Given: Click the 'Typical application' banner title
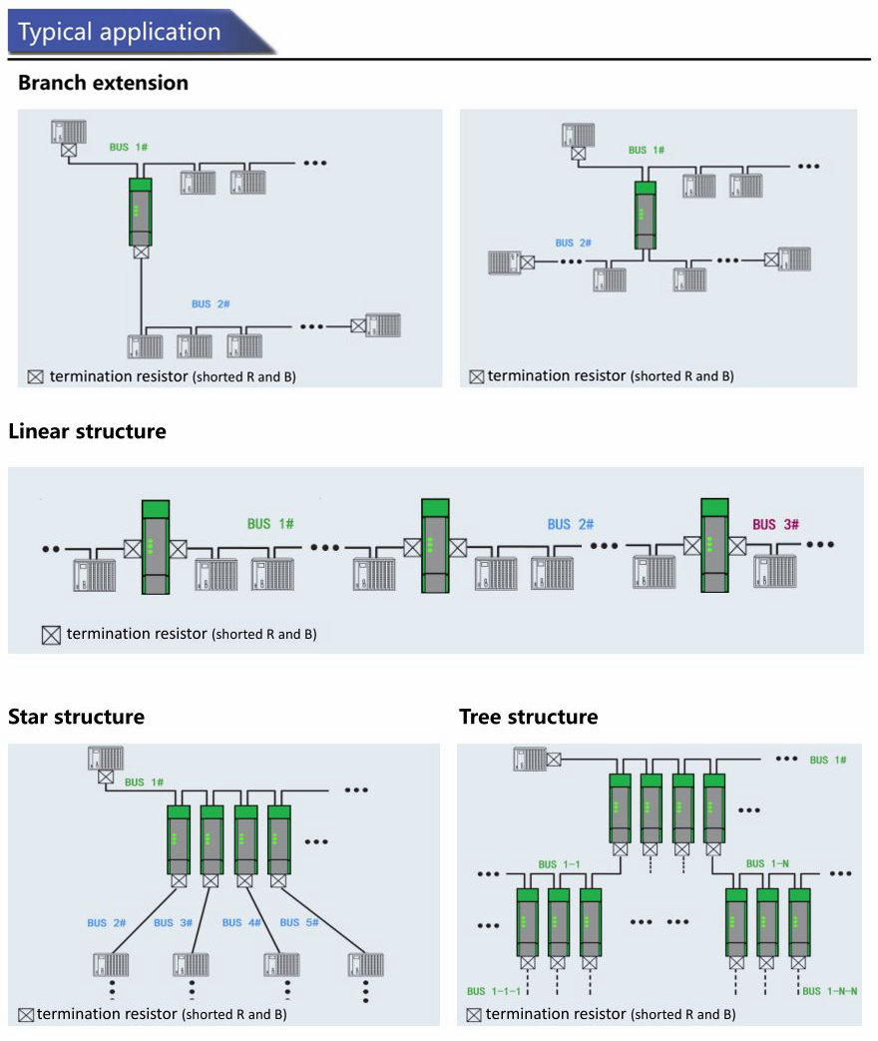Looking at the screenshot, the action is (119, 32).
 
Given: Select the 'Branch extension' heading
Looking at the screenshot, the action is (103, 82).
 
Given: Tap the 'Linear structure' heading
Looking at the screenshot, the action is (87, 431).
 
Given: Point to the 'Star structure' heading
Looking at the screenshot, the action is (76, 717).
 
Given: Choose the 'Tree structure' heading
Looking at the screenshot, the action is (528, 717).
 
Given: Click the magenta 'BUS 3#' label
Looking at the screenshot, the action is (775, 524).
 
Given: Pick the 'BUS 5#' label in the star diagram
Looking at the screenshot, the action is (298, 922).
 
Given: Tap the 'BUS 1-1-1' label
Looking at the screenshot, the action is (493, 991).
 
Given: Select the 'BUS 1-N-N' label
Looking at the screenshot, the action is (829, 991).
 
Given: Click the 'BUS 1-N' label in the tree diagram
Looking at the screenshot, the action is (767, 863).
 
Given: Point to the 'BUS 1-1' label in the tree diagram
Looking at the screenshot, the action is (559, 864).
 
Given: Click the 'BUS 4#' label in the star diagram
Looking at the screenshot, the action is (241, 922).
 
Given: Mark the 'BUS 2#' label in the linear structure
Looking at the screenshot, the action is (570, 524).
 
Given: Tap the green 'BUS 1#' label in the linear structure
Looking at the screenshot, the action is (270, 524).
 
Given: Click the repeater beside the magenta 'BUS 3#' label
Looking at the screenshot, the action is (714, 545).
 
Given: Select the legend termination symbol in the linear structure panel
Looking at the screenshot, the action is (51, 636).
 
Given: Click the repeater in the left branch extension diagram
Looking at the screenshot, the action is (141, 212).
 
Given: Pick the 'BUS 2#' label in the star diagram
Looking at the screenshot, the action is (106, 923).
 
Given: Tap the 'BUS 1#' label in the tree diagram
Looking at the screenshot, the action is (827, 760).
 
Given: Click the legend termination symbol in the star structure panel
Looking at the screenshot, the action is (26, 1015).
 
